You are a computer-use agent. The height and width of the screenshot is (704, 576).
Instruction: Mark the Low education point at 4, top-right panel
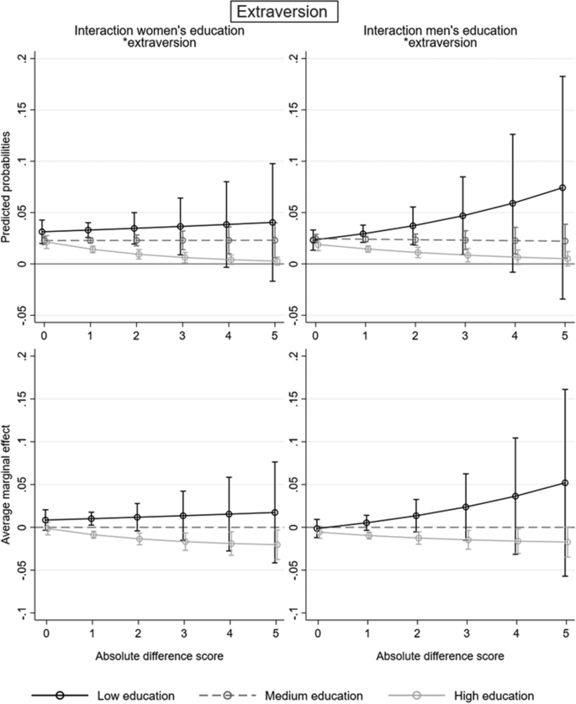(512, 203)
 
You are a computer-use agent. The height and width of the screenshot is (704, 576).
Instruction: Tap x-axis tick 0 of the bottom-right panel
(316, 632)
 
